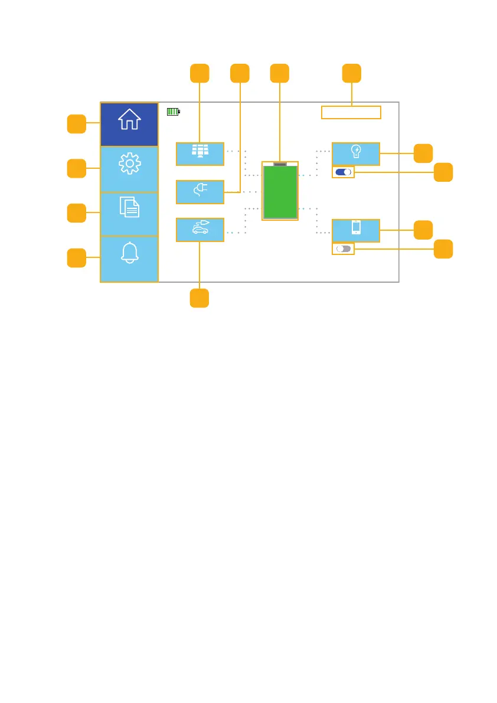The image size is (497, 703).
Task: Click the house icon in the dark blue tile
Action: pos(129,119)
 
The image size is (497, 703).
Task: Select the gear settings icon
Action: pos(129,164)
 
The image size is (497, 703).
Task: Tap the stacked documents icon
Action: pos(129,207)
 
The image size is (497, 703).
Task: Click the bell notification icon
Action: pos(129,253)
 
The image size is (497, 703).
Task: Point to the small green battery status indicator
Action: pos(173,111)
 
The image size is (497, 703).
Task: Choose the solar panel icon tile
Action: pos(200,153)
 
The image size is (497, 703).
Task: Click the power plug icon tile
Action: pos(200,192)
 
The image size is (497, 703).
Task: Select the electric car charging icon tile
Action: pos(200,230)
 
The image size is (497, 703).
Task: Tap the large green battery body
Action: pos(280,192)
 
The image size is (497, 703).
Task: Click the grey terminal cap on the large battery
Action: pos(280,164)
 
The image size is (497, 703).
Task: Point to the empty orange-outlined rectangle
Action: pos(351,112)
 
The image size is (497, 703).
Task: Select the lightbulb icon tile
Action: pos(356,153)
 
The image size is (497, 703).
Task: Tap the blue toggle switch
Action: pos(344,172)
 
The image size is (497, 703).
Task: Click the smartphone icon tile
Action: pos(356,230)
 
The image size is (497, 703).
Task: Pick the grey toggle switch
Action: pos(344,249)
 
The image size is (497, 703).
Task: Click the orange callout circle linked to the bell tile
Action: pos(76,258)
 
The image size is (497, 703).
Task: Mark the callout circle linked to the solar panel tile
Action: pos(200,73)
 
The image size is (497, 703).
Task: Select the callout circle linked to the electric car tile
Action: pos(200,298)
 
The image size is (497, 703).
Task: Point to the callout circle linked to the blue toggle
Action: pos(443,172)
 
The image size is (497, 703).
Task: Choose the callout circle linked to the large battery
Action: pos(280,73)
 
